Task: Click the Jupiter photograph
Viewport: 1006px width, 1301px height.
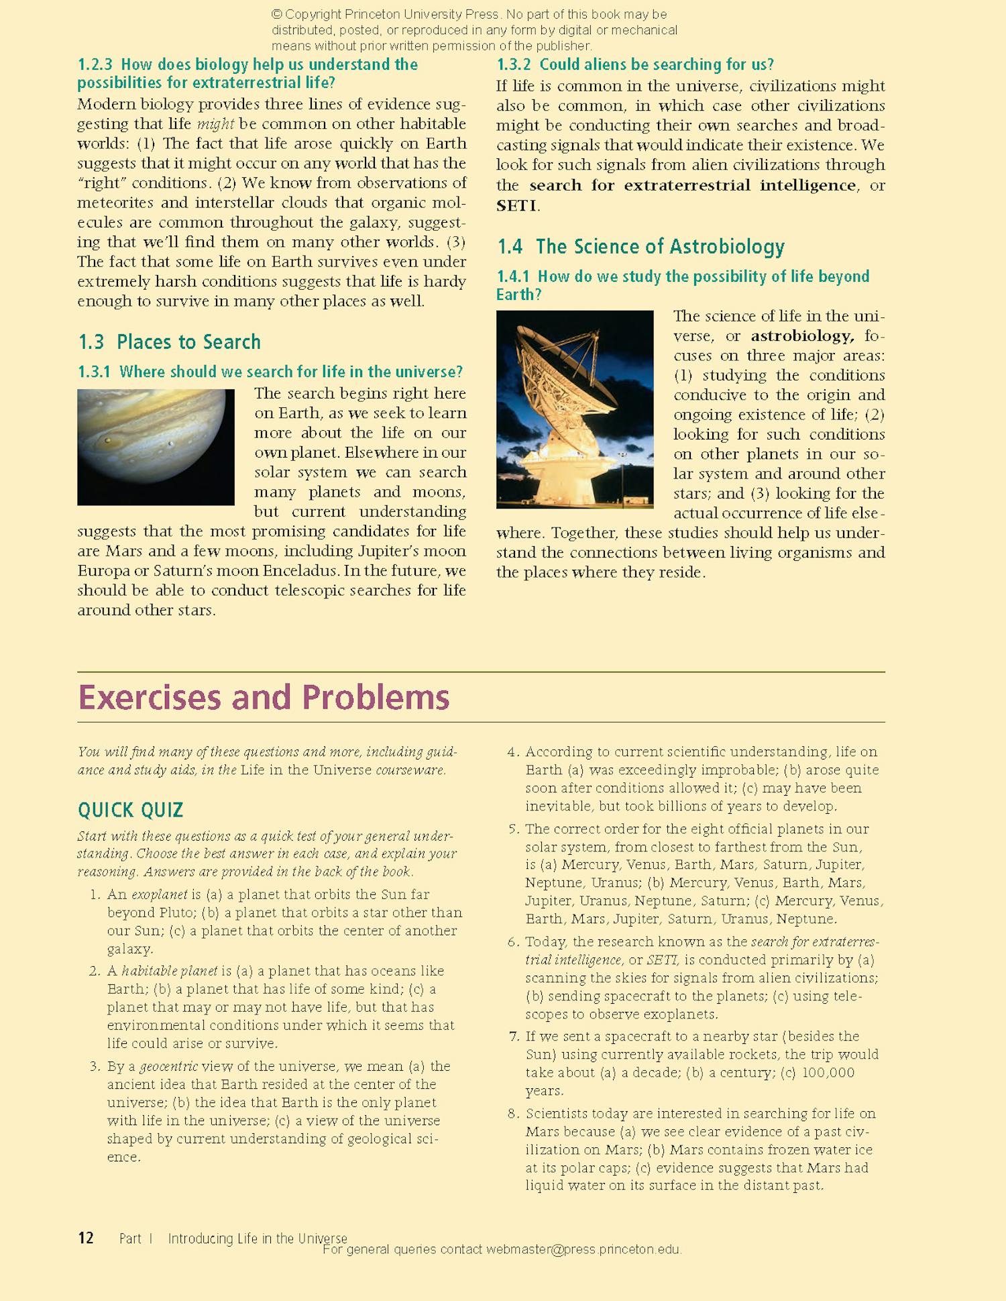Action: click(156, 447)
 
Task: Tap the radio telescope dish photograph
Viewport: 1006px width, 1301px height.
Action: click(575, 409)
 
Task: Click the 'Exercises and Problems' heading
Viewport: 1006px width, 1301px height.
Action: click(264, 697)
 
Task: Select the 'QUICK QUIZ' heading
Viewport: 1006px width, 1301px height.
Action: click(130, 811)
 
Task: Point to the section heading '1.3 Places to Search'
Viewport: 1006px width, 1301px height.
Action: click(169, 342)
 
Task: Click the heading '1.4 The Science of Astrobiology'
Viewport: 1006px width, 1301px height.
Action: click(640, 247)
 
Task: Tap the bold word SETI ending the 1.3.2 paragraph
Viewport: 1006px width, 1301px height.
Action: click(516, 205)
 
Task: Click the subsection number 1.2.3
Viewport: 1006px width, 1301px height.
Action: click(95, 65)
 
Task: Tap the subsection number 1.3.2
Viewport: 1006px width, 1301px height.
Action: click(514, 65)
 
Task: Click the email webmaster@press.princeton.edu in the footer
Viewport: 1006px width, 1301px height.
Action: click(583, 1250)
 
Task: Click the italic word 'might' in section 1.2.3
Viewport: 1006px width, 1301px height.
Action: click(215, 124)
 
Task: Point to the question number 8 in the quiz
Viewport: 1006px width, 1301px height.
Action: click(513, 1114)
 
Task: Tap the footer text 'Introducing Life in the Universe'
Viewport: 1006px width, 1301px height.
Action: click(258, 1239)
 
